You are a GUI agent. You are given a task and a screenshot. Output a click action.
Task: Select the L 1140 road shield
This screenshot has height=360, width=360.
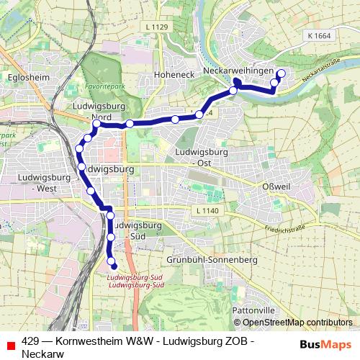click(x=206, y=210)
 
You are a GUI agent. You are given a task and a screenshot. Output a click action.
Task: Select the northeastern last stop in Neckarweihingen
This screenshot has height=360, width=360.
click(x=281, y=73)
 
